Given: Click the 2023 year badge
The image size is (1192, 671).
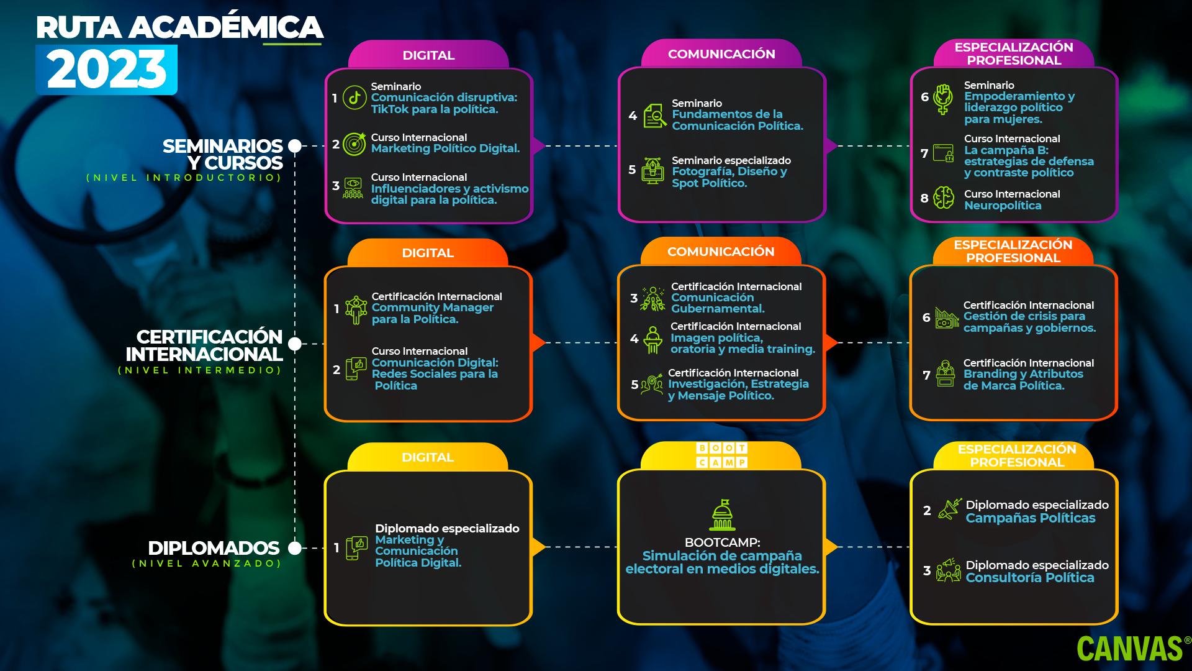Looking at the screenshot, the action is (x=106, y=70).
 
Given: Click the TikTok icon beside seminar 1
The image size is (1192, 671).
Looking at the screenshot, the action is (x=354, y=98).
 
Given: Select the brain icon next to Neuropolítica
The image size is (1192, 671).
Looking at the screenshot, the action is (x=944, y=198).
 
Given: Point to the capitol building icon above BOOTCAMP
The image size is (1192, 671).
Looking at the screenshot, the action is (x=721, y=516).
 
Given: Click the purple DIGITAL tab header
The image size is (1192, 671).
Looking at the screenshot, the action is (x=428, y=55).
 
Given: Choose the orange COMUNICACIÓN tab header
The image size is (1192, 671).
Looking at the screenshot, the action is (x=721, y=252).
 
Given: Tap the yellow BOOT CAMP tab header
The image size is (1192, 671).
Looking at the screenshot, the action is (x=721, y=455).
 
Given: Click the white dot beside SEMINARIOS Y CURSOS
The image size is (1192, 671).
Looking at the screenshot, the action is (x=296, y=146).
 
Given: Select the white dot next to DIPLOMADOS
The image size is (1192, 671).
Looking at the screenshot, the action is (x=296, y=548).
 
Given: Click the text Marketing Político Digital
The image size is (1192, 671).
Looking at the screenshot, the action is (x=445, y=148).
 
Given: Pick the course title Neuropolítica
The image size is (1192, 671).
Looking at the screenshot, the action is (x=1003, y=206).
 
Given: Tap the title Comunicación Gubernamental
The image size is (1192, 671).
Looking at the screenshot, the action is (x=717, y=303).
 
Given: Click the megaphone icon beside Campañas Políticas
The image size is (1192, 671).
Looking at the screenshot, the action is (x=949, y=509).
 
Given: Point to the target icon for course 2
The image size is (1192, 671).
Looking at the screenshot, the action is (x=354, y=144).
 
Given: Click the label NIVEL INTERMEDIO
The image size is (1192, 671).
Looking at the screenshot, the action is (x=200, y=370).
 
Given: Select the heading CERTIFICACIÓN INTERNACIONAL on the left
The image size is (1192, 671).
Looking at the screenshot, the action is (x=205, y=345).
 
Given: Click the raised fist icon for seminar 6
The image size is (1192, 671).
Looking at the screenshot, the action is (x=944, y=99).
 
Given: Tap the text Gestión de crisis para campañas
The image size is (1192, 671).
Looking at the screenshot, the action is (x=1029, y=322).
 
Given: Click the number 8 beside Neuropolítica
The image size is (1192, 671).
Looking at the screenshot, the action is (x=924, y=199).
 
